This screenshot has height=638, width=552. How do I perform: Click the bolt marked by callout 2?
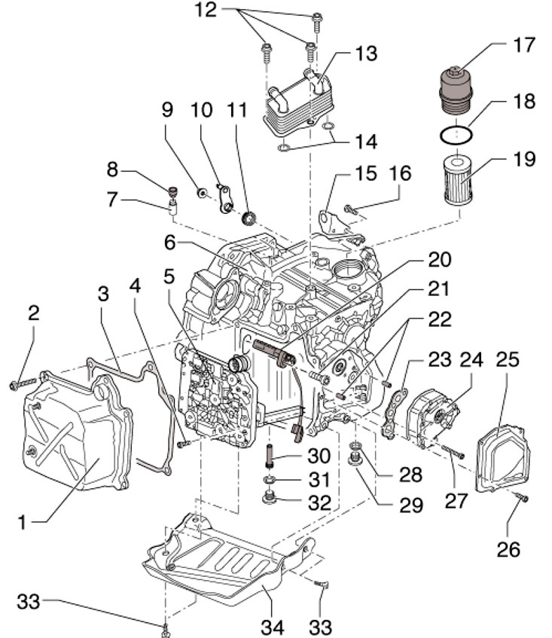23,385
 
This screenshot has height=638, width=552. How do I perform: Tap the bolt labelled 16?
352,208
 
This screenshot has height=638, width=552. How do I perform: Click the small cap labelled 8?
172,191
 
